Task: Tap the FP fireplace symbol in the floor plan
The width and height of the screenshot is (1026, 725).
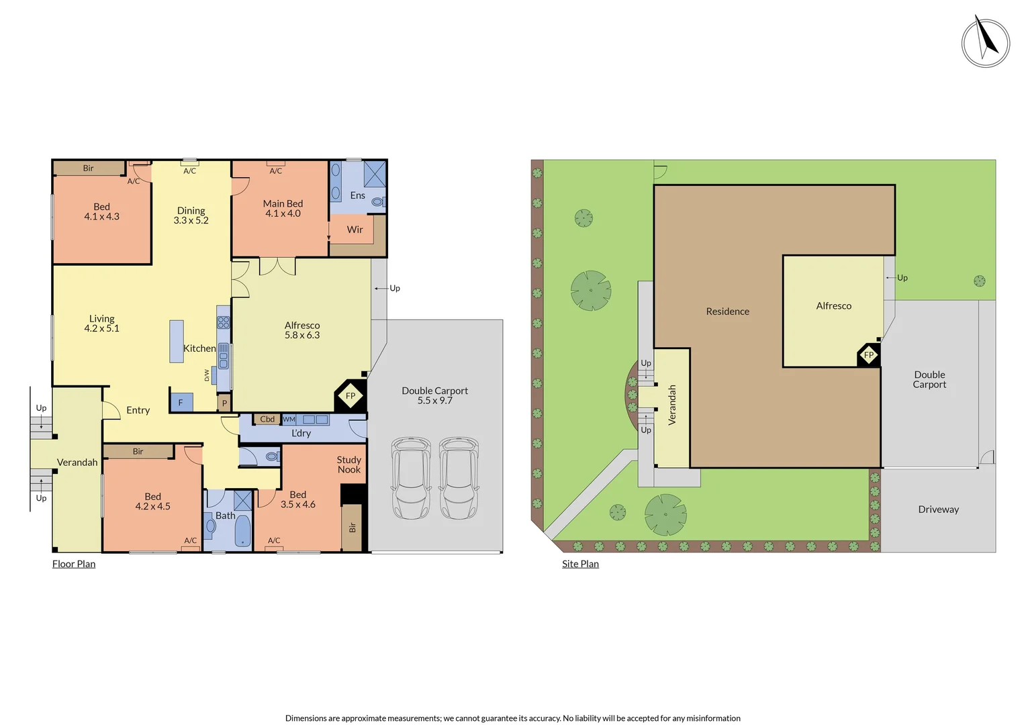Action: pos(351,396)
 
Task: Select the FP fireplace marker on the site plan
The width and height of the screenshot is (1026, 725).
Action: pos(869,355)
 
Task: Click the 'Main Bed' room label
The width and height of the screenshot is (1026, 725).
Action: pos(283,204)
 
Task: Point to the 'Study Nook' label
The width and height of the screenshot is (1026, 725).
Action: pos(349,465)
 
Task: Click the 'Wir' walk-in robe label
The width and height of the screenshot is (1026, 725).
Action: pos(355,230)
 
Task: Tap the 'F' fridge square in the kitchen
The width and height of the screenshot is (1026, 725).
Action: pos(181,402)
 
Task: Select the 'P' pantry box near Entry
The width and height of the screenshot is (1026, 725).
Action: pos(224,403)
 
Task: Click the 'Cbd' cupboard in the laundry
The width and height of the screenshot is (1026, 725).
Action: pos(267,420)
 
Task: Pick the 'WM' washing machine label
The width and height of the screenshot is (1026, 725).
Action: pos(289,420)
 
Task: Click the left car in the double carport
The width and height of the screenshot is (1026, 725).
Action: pos(411,478)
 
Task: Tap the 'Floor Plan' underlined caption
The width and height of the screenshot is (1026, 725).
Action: pos(74,564)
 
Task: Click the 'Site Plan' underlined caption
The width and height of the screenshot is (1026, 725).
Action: pos(580,564)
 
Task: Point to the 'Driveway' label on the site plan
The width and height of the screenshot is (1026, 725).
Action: pos(938,510)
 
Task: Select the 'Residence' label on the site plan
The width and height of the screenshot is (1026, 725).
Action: pos(727,311)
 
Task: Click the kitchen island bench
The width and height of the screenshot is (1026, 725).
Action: pos(177,341)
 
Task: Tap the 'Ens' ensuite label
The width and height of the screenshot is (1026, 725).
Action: pos(358,195)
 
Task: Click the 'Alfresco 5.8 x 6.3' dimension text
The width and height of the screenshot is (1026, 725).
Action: pos(302,335)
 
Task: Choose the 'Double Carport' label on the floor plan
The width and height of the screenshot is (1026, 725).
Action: pos(434,391)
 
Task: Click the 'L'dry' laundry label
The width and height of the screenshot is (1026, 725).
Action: pos(301,434)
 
